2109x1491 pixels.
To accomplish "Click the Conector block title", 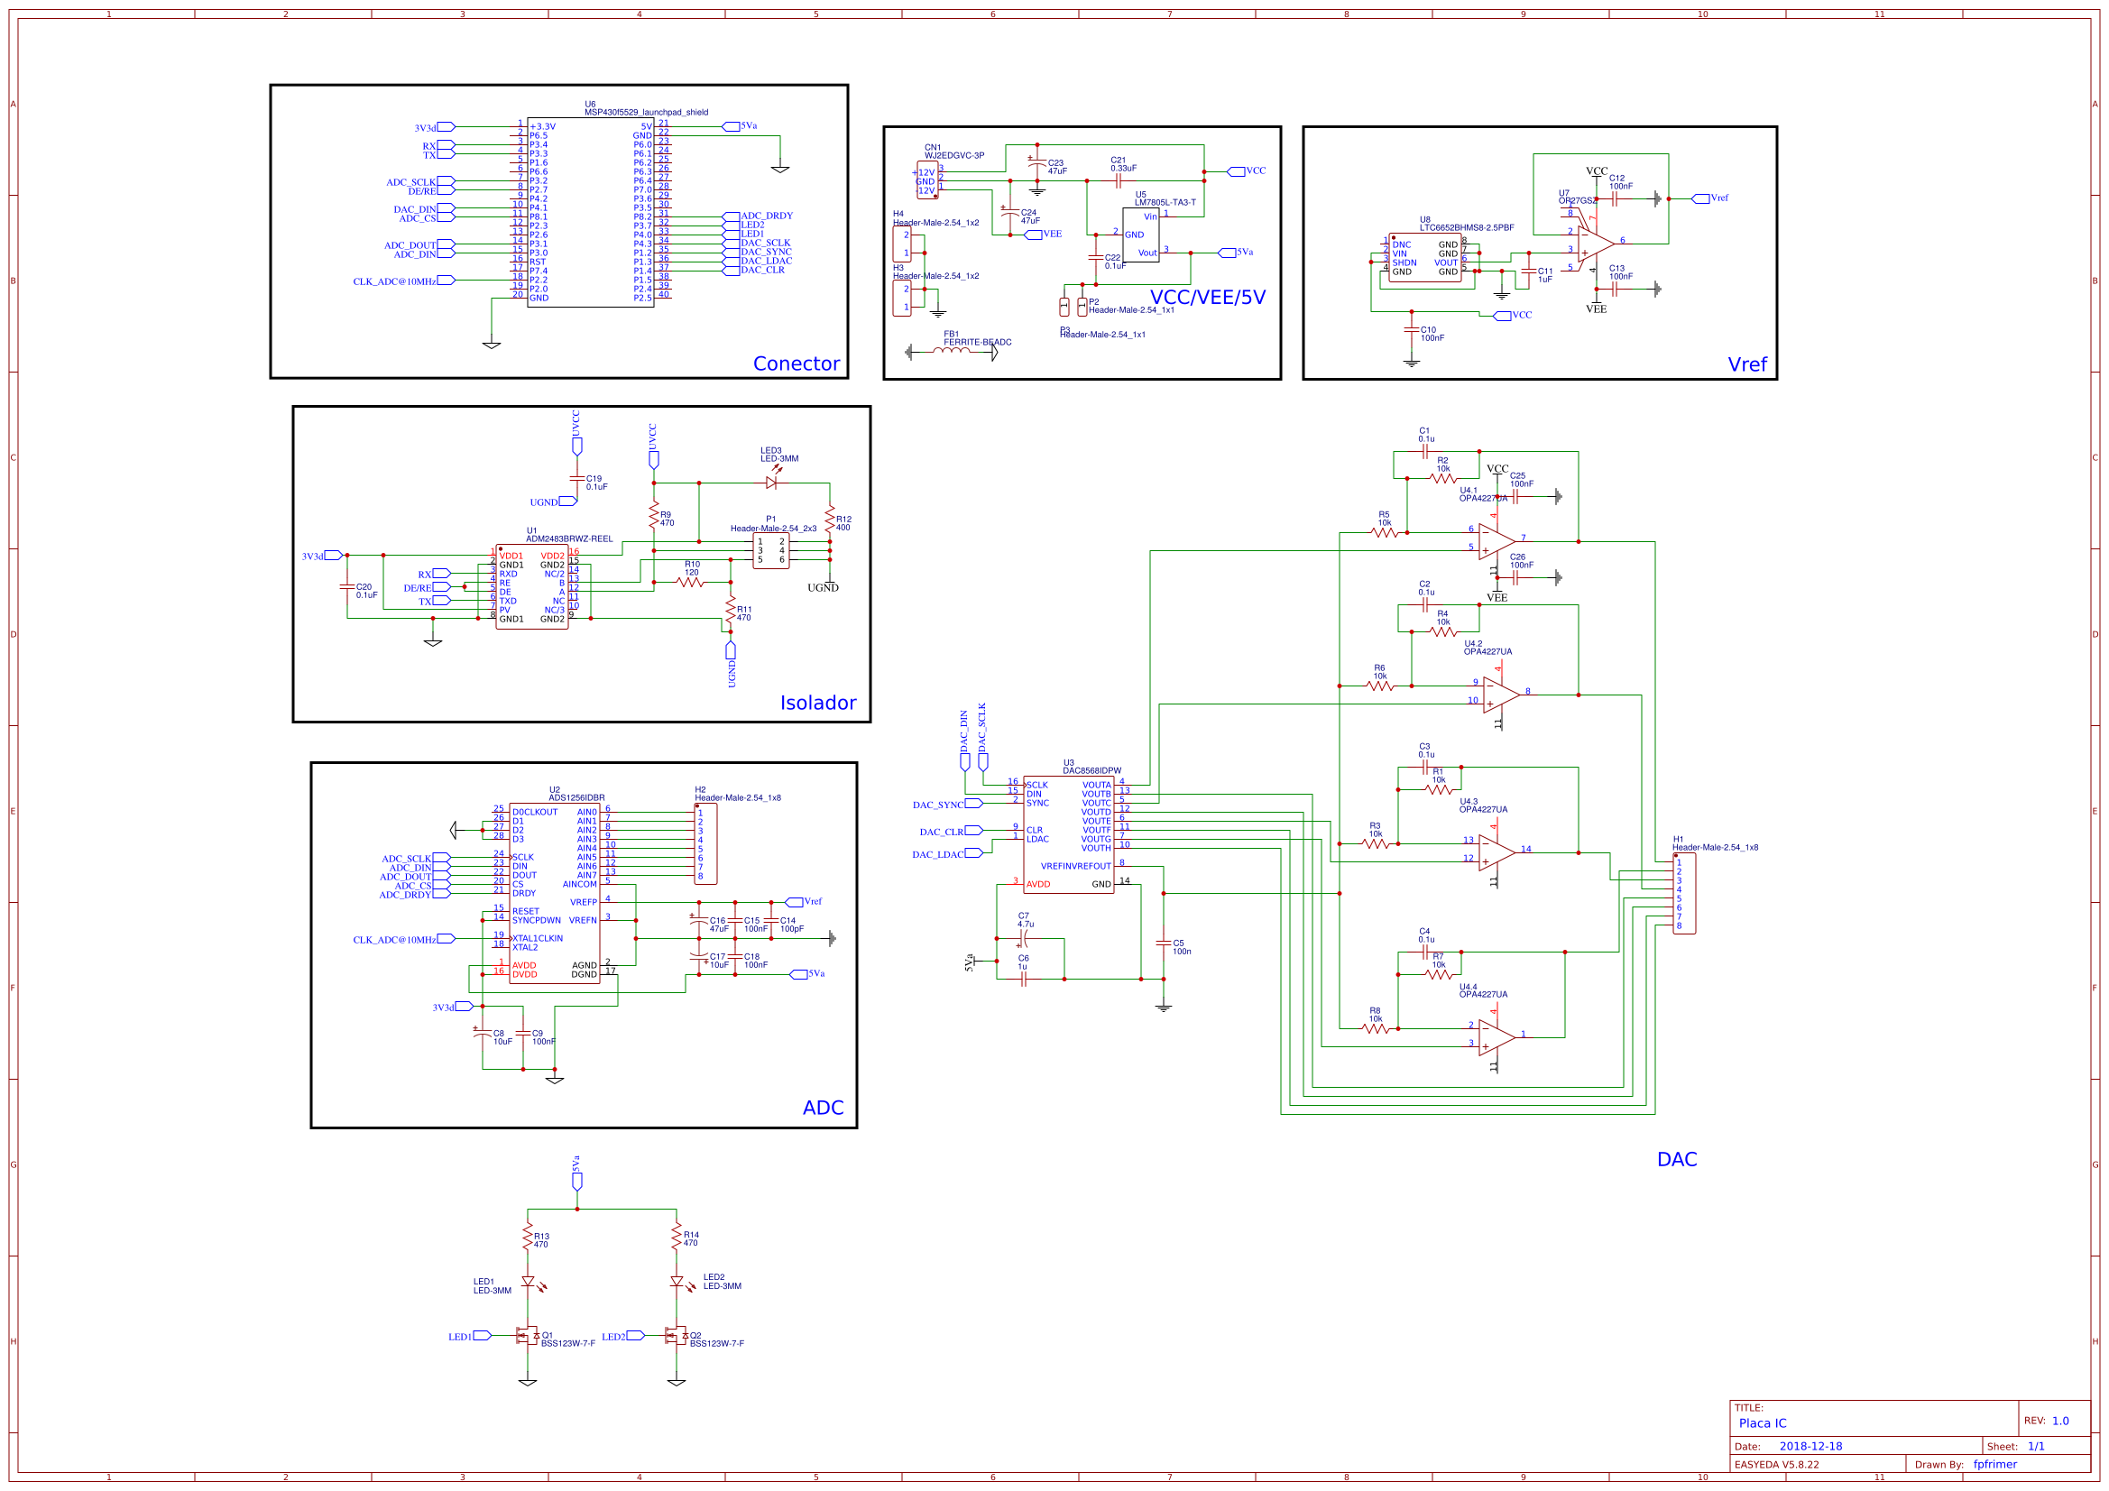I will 796,364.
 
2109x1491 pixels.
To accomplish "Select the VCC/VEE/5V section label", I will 1207,298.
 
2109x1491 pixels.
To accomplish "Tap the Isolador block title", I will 817,703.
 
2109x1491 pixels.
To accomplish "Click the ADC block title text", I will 822,1108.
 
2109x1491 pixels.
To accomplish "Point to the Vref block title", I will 1746,364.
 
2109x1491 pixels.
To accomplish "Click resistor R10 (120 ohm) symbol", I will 691,582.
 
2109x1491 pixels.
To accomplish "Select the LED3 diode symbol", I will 771,483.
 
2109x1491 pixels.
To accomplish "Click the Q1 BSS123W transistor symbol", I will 527,1336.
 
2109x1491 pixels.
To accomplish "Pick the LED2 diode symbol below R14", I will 677,1282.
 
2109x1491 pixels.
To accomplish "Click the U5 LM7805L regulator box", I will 1140,235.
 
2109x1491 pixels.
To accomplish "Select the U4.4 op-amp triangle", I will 1496,1038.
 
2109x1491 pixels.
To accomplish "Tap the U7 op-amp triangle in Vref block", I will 1596,244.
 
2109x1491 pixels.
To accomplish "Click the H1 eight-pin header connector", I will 1684,894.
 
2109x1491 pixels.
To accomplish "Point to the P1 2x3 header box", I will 770,551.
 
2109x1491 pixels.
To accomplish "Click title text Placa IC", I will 1762,1423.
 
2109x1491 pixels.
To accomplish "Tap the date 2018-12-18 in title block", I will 1810,1446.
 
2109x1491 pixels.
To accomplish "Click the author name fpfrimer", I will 1995,1464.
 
